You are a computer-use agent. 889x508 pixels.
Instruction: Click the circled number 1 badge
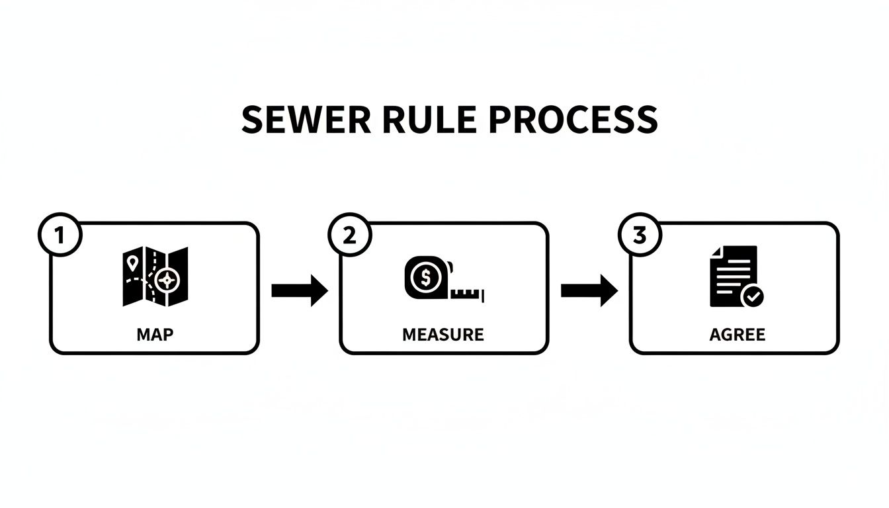pyautogui.click(x=60, y=235)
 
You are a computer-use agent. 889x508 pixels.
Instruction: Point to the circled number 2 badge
pyautogui.click(x=349, y=235)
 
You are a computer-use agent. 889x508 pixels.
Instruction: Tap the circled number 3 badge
pyautogui.click(x=639, y=235)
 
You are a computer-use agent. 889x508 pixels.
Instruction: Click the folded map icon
pyautogui.click(x=155, y=276)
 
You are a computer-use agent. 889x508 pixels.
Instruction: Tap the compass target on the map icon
pyautogui.click(x=167, y=280)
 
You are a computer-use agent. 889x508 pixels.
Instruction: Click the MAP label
pyautogui.click(x=155, y=335)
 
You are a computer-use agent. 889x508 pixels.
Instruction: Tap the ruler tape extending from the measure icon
pyautogui.click(x=468, y=293)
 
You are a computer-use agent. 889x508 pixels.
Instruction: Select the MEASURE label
pyautogui.click(x=443, y=335)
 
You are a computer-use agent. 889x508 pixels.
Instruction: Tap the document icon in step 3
pyautogui.click(x=733, y=276)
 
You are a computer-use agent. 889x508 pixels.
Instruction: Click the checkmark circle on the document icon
pyautogui.click(x=752, y=296)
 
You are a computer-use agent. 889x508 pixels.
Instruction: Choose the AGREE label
pyautogui.click(x=737, y=335)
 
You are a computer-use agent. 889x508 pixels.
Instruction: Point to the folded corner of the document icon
pyautogui.click(x=716, y=252)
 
